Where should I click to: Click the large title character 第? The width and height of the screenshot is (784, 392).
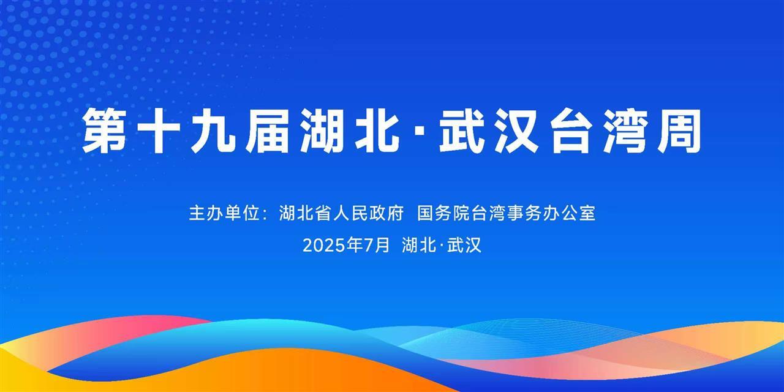[105, 130]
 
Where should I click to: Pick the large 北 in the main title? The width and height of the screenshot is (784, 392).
[374, 130]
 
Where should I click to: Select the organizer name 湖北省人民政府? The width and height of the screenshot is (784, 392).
[341, 214]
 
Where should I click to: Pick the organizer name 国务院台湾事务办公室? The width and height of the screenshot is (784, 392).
[506, 214]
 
